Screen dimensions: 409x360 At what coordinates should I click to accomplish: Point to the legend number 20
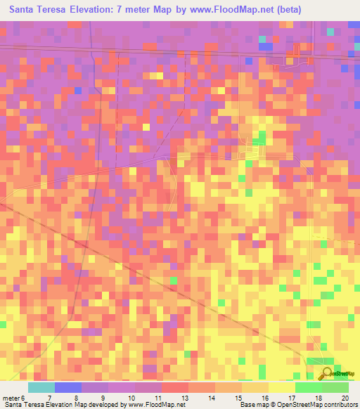click(345, 398)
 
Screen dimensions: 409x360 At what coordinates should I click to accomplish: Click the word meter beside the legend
click(11, 398)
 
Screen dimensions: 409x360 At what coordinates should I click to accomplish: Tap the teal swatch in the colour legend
click(41, 387)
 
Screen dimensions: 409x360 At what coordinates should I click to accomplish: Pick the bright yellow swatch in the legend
click(282, 387)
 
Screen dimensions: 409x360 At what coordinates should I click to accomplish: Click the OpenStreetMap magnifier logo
click(326, 373)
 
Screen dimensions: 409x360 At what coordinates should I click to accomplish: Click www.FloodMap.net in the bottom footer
click(151, 405)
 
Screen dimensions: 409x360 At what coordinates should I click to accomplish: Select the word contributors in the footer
click(339, 405)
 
